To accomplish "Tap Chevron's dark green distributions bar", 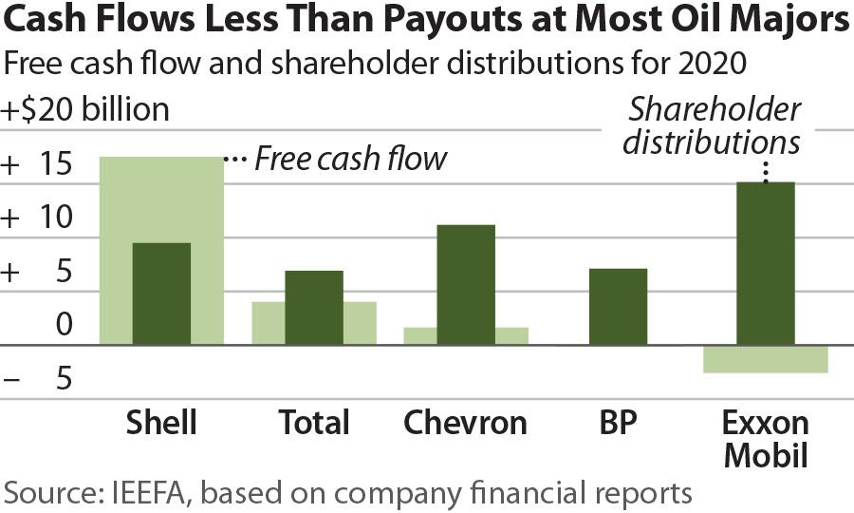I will [x=466, y=284].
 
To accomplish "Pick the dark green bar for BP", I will [x=618, y=306].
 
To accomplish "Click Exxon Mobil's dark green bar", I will [x=765, y=263].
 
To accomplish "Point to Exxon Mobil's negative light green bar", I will [x=765, y=359].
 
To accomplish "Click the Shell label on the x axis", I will [x=161, y=422].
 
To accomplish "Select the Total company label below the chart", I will [x=314, y=422].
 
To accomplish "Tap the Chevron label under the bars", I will [x=465, y=422].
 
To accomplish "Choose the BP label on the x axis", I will [x=618, y=422].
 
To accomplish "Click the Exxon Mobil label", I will [x=765, y=438].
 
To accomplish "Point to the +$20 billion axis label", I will [x=86, y=109].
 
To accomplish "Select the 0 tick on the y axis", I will [x=64, y=326].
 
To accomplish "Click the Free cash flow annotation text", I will [x=350, y=158].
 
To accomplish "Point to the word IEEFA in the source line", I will [x=150, y=492].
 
